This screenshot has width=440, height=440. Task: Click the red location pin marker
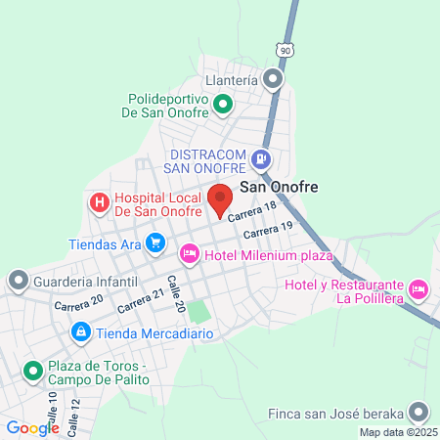pos(220,198)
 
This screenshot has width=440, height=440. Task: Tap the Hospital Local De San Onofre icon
pos(99,202)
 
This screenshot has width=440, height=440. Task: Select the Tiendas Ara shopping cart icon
pos(154,242)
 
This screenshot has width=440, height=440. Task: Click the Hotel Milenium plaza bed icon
pos(190,255)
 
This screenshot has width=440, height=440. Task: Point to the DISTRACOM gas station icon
pos(260,157)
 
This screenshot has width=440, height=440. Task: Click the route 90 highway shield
pos(284,49)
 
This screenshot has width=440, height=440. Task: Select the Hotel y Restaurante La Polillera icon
pos(418,288)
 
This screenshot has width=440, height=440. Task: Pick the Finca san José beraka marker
pos(419,412)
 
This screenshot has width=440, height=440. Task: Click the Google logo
pos(32,427)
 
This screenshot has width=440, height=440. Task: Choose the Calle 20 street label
pos(176,292)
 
